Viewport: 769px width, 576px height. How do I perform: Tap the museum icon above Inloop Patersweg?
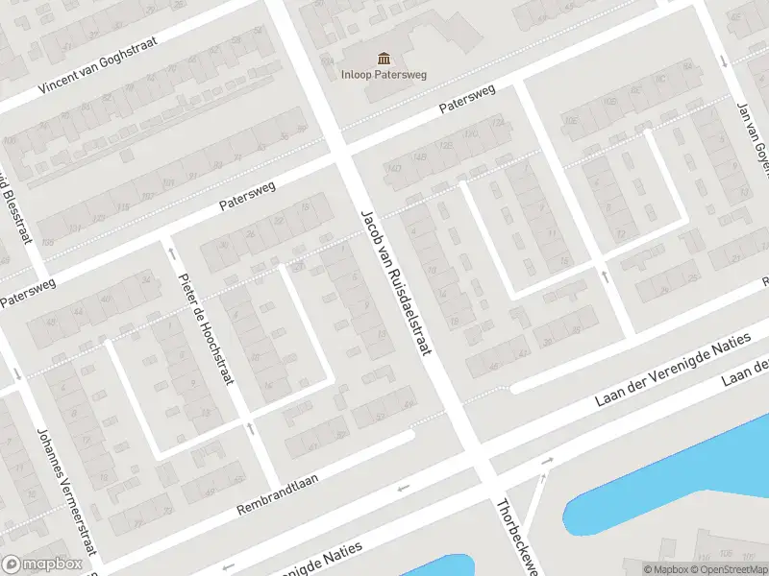point(384,58)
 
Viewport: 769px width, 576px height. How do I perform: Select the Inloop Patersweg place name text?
point(384,74)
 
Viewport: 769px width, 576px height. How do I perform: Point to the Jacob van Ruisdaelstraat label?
point(396,279)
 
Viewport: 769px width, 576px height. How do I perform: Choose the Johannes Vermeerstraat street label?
point(67,490)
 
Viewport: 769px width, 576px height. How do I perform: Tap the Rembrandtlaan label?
point(277,492)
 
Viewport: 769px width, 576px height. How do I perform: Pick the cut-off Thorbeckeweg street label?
point(514,538)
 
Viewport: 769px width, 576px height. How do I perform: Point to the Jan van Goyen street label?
point(754,134)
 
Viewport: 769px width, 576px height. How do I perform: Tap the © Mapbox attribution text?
point(666,569)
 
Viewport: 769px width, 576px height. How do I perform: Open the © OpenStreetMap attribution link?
point(731,569)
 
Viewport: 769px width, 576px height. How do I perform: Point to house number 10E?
point(570,122)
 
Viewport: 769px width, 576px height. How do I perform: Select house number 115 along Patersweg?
point(122,207)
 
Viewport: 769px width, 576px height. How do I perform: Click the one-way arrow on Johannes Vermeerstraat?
point(17,373)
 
